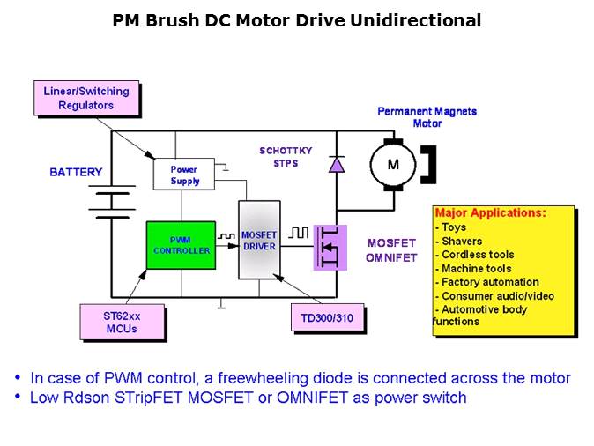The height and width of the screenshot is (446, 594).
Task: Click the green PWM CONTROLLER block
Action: coord(181,245)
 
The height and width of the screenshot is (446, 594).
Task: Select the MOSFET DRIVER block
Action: coord(260,240)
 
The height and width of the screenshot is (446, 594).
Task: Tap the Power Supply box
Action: coord(184,175)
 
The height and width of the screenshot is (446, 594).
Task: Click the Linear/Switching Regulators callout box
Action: coord(86,98)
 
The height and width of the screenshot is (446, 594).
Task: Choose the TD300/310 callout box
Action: coord(325,317)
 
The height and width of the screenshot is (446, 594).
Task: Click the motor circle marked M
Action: coord(393,164)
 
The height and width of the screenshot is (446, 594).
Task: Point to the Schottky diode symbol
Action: coord(336,164)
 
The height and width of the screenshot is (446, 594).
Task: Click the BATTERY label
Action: coord(76,172)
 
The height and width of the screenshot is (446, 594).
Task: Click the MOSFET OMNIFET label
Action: coord(391,250)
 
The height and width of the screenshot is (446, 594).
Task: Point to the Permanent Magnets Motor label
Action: coord(427,117)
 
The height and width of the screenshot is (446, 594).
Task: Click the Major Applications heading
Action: coord(491,213)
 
